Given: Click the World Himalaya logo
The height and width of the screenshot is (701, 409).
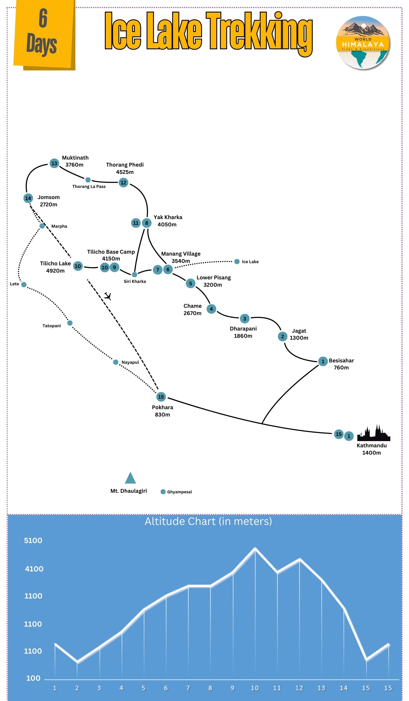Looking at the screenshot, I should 363,42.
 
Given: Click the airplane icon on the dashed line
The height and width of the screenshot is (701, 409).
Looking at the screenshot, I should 107,296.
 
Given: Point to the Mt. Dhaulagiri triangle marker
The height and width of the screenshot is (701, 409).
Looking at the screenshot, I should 130,478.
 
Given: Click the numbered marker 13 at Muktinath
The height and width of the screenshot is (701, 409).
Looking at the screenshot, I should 54,163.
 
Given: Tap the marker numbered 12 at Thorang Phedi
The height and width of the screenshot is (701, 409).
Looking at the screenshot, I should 123,183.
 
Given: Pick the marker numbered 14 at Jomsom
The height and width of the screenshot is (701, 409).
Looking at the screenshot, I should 28,198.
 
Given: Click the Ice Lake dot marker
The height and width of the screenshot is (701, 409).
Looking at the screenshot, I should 237,262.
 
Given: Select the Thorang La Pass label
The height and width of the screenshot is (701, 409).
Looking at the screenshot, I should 89,186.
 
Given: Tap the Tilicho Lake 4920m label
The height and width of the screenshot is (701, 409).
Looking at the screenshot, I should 55,267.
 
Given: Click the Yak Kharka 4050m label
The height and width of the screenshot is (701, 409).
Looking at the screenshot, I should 168,221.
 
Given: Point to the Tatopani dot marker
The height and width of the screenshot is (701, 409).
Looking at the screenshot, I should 70,323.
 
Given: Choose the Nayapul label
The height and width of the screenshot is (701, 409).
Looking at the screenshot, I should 130,362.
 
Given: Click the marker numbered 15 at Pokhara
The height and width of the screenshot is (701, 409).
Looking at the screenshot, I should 161,397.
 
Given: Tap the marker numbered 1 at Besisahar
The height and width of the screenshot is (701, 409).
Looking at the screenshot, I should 323,361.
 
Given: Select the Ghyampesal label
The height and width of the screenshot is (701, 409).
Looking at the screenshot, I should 179,492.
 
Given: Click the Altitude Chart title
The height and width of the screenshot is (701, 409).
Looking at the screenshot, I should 208,521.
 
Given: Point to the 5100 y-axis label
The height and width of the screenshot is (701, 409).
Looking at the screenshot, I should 33,541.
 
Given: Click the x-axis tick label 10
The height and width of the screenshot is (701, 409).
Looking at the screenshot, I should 255,688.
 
